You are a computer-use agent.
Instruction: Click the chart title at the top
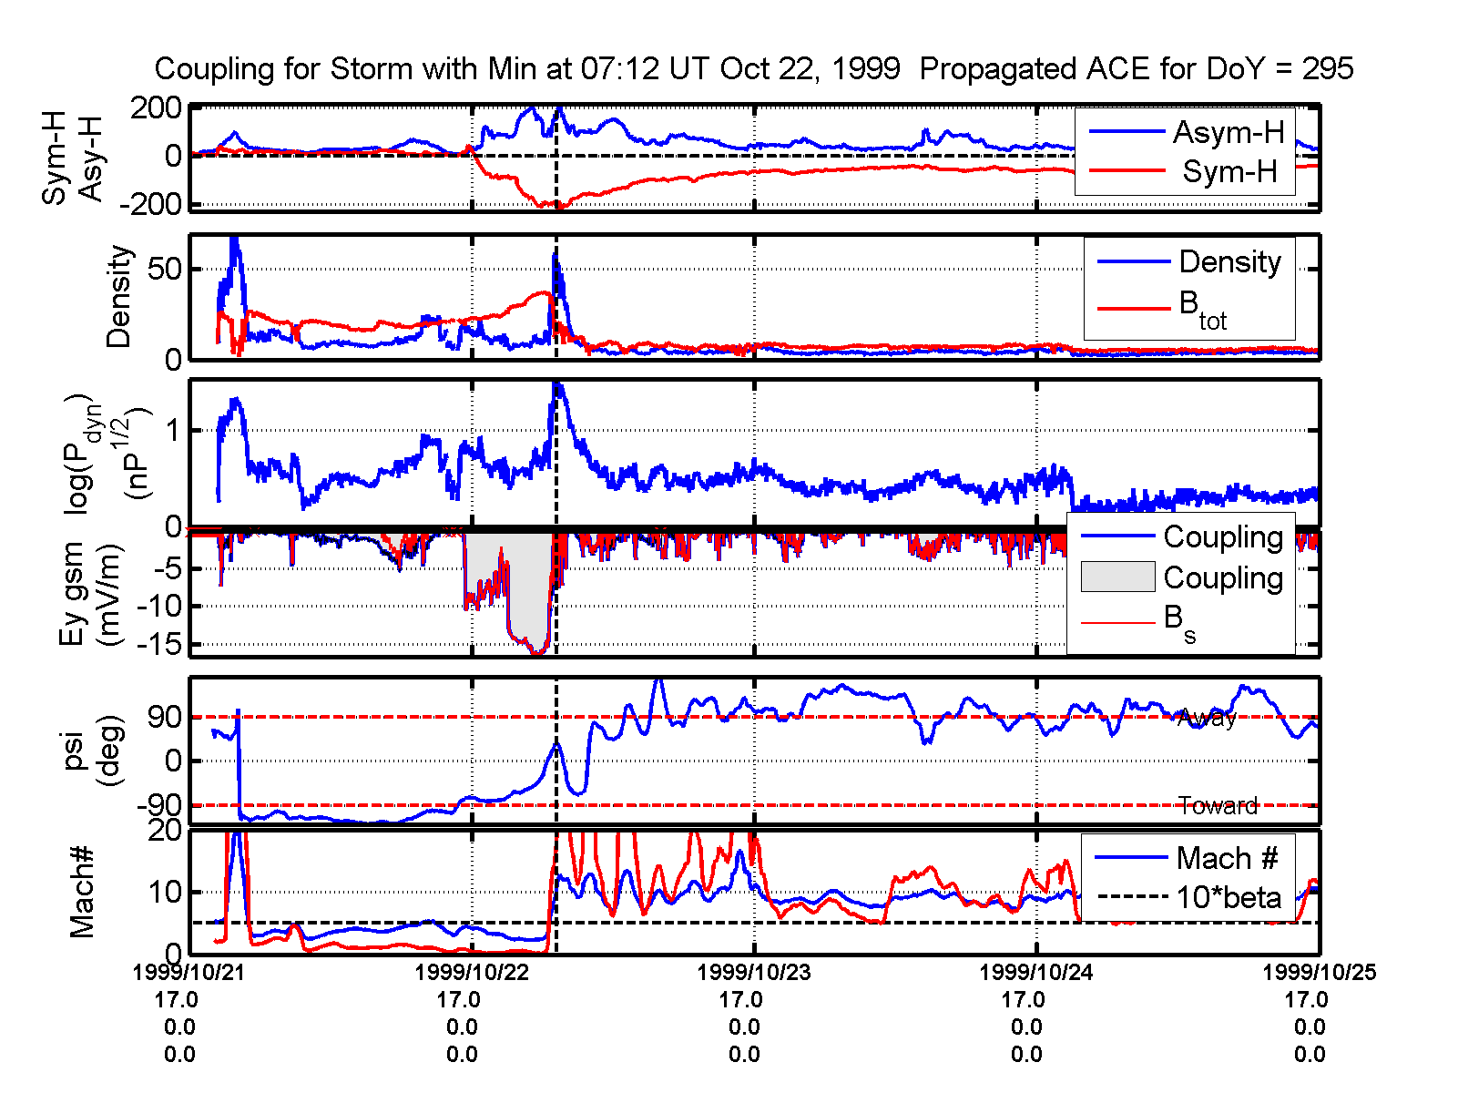click(x=753, y=68)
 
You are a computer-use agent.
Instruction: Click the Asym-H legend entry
click(x=1228, y=133)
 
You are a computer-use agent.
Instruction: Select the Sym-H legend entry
click(x=1229, y=171)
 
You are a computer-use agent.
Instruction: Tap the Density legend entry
click(x=1229, y=262)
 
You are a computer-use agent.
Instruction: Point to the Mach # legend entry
click(x=1227, y=858)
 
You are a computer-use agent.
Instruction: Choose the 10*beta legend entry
click(x=1228, y=897)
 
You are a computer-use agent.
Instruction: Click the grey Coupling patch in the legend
click(x=1117, y=577)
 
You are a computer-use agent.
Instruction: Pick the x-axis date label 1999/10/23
click(x=753, y=972)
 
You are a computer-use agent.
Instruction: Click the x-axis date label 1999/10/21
click(x=189, y=972)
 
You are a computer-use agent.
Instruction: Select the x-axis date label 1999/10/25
click(x=1319, y=972)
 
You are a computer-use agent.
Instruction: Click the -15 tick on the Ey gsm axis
click(x=159, y=645)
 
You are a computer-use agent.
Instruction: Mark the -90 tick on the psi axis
click(x=159, y=805)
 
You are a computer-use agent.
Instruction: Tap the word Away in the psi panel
click(x=1206, y=719)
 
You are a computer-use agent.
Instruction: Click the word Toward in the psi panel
click(x=1218, y=805)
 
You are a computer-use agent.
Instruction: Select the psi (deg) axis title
click(x=91, y=751)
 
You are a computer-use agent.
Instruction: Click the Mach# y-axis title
click(x=82, y=891)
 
